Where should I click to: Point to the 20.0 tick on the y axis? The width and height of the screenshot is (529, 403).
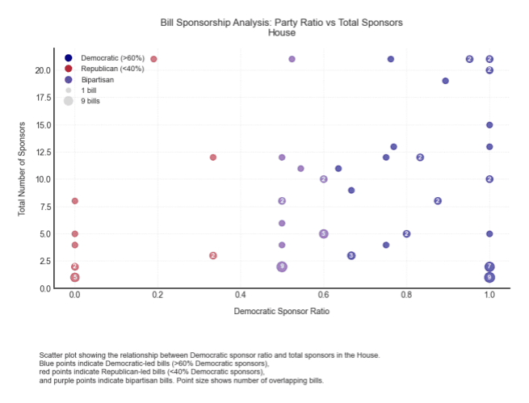click(43, 70)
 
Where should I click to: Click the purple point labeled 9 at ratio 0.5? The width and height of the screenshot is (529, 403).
click(282, 267)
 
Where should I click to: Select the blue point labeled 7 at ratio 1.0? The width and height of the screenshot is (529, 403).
click(489, 267)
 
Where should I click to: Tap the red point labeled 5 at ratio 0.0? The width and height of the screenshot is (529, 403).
click(74, 277)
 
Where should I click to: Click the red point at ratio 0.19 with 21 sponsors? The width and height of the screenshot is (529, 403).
click(153, 59)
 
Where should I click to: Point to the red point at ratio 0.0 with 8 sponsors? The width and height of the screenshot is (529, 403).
click(74, 201)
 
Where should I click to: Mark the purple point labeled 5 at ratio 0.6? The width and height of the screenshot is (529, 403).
click(323, 233)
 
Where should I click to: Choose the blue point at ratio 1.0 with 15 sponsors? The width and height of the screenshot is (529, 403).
click(489, 125)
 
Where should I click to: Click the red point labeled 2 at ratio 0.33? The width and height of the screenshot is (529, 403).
click(213, 255)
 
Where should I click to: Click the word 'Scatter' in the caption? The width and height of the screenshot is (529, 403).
click(52, 355)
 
